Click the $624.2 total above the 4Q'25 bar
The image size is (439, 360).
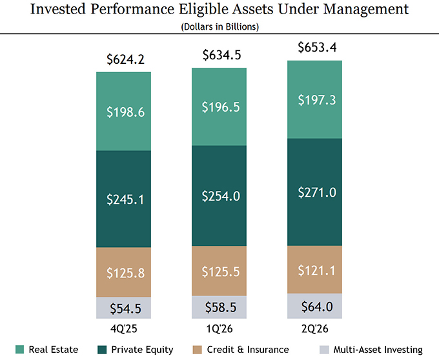click(125, 59)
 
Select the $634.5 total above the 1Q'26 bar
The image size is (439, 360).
click(221, 55)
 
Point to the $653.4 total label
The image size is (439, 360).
click(317, 47)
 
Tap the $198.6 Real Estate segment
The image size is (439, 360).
click(123, 112)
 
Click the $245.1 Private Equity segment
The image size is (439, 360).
click(123, 199)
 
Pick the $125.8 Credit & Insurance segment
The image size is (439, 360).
click(123, 272)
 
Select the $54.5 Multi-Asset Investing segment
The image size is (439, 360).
click(123, 308)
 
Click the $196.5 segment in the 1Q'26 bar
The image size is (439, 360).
click(219, 107)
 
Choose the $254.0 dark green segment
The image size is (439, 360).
click(219, 195)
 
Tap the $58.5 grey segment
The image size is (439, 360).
click(219, 307)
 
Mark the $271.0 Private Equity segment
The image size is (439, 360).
click(314, 192)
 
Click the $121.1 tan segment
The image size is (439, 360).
click(314, 270)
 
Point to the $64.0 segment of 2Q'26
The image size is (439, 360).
click(314, 306)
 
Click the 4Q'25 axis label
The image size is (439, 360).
click(124, 329)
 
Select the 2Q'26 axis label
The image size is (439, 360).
click(314, 329)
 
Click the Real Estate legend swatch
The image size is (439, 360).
click(19, 350)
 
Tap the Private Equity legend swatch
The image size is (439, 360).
click(102, 350)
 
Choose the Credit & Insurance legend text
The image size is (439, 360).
click(248, 350)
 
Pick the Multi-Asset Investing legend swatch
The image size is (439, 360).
click(324, 350)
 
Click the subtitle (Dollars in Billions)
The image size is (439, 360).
click(219, 27)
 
